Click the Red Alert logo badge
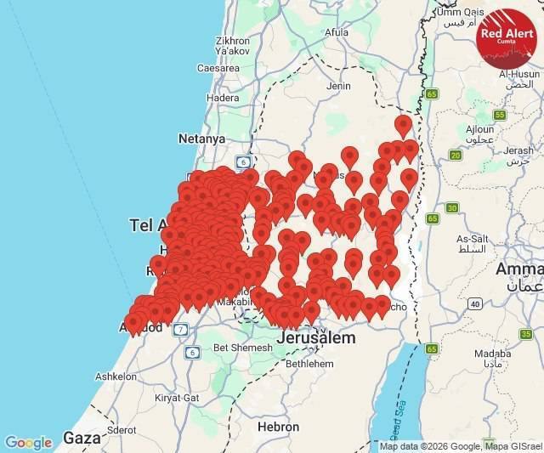pos(507,37)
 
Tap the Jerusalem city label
pos(315,337)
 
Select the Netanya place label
pos(201,138)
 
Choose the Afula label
pos(337,32)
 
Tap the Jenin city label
pos(338,86)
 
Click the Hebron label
pos(278,427)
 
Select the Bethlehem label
pos(309,363)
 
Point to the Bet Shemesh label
pos(238,347)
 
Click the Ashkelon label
pos(116,376)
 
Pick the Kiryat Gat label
pos(177,397)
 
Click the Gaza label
pos(82,439)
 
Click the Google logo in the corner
pos(28,443)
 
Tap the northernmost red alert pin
pos(403,126)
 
